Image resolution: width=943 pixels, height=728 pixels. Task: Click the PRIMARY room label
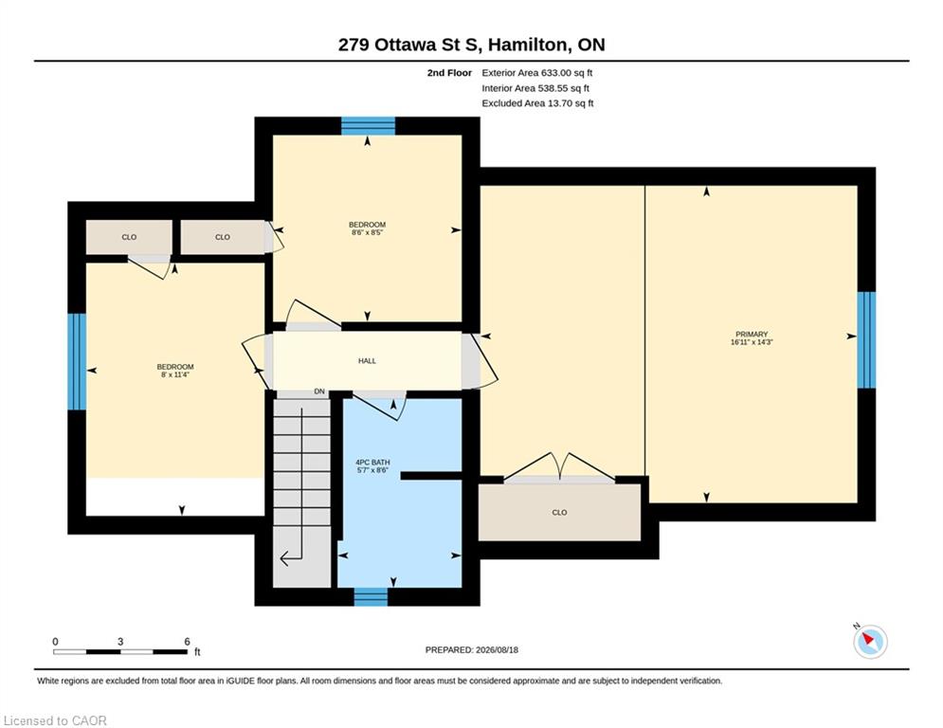point(752,334)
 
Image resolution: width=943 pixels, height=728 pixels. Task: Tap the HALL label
point(367,361)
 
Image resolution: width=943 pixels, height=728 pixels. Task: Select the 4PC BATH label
point(372,463)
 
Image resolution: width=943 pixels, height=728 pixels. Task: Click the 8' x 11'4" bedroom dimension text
point(175,374)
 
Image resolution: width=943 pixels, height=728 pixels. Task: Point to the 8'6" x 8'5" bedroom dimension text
point(367,232)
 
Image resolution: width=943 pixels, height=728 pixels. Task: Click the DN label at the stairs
point(319,391)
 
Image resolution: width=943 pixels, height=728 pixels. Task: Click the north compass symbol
point(869,641)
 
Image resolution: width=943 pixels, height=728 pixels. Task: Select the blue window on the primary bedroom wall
point(866,340)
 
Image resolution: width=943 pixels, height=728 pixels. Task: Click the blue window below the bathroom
point(371,597)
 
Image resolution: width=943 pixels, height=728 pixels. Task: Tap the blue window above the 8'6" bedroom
point(368,126)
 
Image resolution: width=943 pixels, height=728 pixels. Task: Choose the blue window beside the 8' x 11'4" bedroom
point(77,361)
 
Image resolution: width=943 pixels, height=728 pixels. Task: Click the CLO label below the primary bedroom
point(559,513)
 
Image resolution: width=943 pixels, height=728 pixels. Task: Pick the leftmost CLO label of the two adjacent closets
point(129,237)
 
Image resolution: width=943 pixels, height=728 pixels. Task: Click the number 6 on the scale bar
point(187,642)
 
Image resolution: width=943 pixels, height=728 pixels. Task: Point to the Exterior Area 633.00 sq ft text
point(537,73)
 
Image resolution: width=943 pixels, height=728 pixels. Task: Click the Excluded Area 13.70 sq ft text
point(537,103)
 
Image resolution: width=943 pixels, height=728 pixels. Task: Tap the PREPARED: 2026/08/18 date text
point(472,649)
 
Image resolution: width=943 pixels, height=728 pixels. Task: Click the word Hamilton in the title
point(527,45)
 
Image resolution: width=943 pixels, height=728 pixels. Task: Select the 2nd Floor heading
point(449,73)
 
